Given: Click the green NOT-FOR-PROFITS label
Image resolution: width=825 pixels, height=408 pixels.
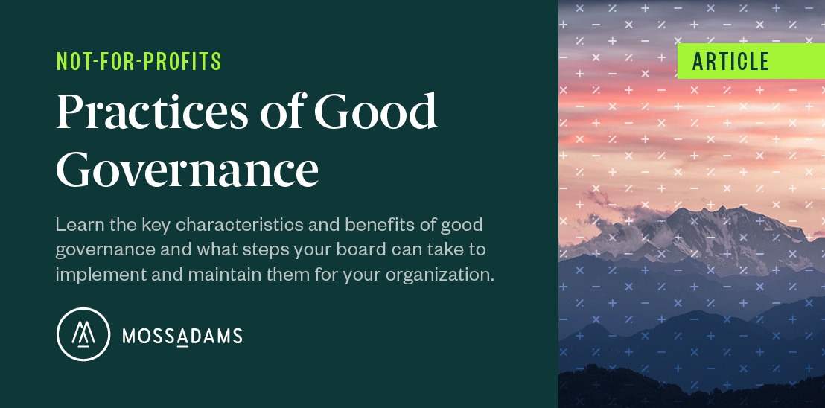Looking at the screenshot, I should [139, 63].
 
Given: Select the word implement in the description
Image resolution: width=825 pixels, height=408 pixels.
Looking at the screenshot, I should [93, 274].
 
